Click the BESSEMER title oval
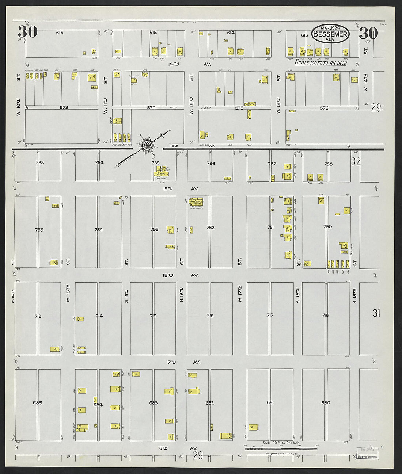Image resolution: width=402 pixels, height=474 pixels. [330, 34]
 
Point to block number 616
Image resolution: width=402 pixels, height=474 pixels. [60, 33]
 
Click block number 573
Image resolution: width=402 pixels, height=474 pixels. [64, 108]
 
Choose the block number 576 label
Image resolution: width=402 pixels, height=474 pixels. [324, 108]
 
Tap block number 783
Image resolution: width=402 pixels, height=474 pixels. [39, 163]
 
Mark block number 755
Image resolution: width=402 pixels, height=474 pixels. [39, 230]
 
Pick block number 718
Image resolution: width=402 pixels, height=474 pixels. [325, 315]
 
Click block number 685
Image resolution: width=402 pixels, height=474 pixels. [37, 403]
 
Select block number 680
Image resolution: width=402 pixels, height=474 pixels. [325, 403]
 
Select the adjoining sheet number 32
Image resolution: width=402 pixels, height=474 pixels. [356, 161]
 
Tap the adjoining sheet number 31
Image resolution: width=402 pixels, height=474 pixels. [376, 313]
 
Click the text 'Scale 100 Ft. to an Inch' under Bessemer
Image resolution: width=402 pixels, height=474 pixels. [321, 63]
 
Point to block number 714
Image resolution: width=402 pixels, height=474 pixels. [99, 316]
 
